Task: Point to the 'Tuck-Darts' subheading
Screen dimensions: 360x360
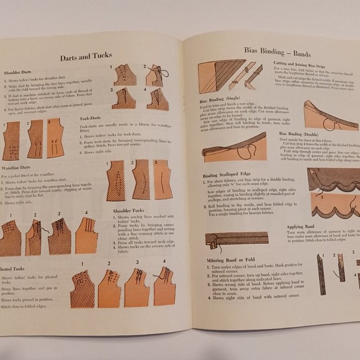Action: tap(91, 118)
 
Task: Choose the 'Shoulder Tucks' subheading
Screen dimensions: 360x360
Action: tap(127, 211)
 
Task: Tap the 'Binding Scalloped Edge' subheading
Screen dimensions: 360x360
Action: tap(229, 175)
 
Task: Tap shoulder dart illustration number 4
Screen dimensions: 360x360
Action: tap(155, 99)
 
